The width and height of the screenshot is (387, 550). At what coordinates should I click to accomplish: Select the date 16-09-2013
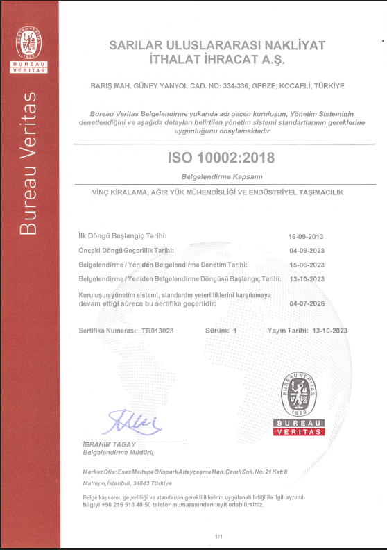[306, 237]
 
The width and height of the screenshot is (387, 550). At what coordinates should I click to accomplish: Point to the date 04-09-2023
[306, 251]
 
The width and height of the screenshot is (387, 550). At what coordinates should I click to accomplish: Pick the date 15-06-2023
[306, 265]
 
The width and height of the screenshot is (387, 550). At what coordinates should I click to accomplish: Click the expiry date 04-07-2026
[306, 303]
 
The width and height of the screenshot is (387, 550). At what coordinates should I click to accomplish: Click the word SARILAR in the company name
[136, 45]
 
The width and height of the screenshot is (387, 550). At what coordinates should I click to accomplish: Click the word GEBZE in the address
[259, 86]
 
